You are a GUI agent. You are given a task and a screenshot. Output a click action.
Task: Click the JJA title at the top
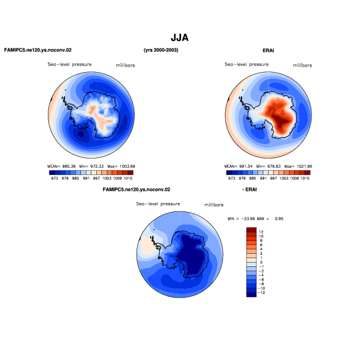[179, 37]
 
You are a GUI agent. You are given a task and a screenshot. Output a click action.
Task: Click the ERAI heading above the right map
[268, 51]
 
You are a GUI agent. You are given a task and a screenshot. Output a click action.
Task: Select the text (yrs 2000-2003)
[161, 50]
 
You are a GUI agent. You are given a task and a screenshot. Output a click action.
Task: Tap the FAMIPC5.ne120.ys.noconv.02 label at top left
[38, 50]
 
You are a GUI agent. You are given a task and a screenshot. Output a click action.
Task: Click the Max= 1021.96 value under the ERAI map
[298, 166]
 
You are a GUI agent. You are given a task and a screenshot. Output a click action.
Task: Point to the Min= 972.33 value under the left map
[91, 166]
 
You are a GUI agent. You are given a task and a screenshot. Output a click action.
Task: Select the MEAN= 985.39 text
[61, 166]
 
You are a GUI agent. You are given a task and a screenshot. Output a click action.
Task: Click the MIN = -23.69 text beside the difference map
[241, 219]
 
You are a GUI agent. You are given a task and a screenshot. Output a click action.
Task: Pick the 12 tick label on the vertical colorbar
[261, 232]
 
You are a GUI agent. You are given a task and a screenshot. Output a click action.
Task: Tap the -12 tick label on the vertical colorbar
[261, 293]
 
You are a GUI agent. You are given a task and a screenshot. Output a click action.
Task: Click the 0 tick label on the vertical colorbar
[261, 262]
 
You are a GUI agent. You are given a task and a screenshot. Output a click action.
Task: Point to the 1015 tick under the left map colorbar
[128, 178]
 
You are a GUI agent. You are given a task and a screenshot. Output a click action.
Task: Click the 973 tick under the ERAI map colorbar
[231, 178]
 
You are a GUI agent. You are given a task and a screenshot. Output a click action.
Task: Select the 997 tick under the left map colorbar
[96, 178]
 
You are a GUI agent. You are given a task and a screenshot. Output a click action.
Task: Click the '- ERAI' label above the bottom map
[249, 189]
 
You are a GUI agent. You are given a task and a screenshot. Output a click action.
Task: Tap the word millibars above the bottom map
[214, 205]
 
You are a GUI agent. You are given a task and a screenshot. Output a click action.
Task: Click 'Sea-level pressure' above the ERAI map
[247, 64]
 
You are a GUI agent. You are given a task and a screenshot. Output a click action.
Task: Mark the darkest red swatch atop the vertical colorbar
[251, 230]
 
